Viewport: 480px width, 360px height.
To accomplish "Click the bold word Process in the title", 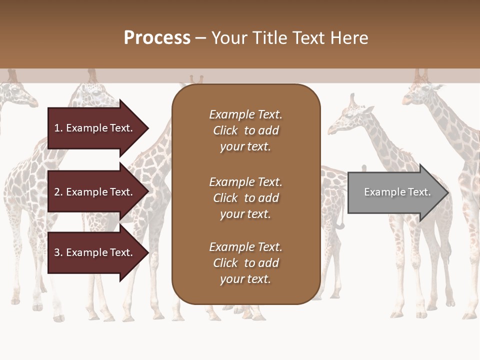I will [157, 38].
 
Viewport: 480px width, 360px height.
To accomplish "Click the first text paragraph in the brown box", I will [245, 130].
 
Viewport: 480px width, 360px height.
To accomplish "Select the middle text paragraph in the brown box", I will [245, 198].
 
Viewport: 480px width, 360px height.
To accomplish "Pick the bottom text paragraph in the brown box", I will [245, 263].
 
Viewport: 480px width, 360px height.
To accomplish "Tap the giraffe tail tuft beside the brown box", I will [340, 224].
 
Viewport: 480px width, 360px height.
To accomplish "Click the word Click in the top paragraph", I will [225, 130].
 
